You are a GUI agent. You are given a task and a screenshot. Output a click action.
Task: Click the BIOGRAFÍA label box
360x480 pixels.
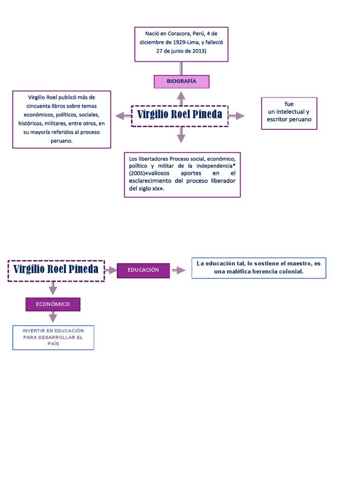(181, 82)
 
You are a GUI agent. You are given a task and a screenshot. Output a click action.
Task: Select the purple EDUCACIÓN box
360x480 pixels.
(143, 270)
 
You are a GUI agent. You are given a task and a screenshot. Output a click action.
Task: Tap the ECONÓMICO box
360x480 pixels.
(52, 304)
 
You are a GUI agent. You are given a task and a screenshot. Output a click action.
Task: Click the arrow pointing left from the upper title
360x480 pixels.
(122, 116)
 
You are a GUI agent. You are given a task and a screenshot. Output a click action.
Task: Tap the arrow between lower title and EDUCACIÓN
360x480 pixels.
(111, 270)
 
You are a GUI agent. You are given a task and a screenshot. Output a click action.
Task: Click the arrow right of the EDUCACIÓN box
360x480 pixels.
(178, 270)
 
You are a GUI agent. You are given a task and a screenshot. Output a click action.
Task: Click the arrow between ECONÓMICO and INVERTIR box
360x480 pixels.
(52, 317)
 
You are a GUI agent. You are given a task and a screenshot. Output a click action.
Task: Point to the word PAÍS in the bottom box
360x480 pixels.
(53, 344)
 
